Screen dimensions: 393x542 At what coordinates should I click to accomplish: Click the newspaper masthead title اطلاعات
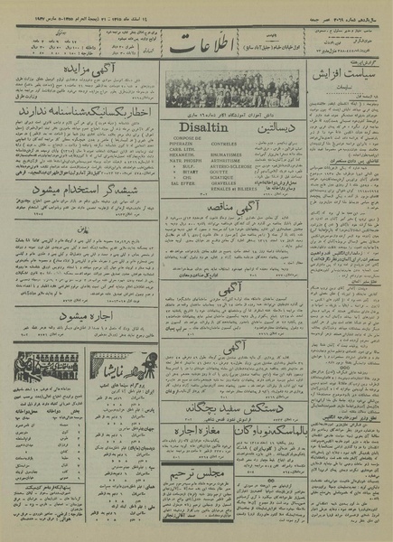coord(197,46)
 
